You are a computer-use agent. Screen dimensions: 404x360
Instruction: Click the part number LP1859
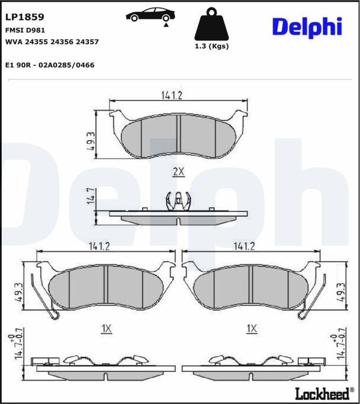pyautogui.click(x=24, y=17)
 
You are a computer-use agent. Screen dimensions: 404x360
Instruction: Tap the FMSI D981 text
pyautogui.click(x=25, y=30)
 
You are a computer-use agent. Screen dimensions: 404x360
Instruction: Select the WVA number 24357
pyautogui.click(x=88, y=42)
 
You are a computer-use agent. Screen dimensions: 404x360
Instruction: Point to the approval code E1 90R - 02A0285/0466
pyautogui.click(x=49, y=65)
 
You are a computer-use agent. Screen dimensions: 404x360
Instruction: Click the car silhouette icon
pyautogui.click(x=150, y=15)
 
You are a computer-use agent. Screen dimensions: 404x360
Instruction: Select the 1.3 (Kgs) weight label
pyautogui.click(x=211, y=47)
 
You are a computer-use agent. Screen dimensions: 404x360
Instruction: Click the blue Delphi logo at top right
pyautogui.click(x=307, y=26)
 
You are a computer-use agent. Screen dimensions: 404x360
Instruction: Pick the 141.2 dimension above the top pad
pyautogui.click(x=172, y=96)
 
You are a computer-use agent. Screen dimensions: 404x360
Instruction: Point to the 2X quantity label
pyautogui.click(x=178, y=172)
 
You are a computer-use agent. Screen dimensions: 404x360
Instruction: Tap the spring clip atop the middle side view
pyautogui.click(x=177, y=200)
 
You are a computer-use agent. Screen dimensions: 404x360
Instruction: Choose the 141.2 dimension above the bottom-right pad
pyautogui.click(x=244, y=246)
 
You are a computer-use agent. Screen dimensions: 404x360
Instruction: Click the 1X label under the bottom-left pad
pyautogui.click(x=106, y=329)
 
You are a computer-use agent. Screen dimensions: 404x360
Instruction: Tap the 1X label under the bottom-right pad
pyautogui.click(x=251, y=328)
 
